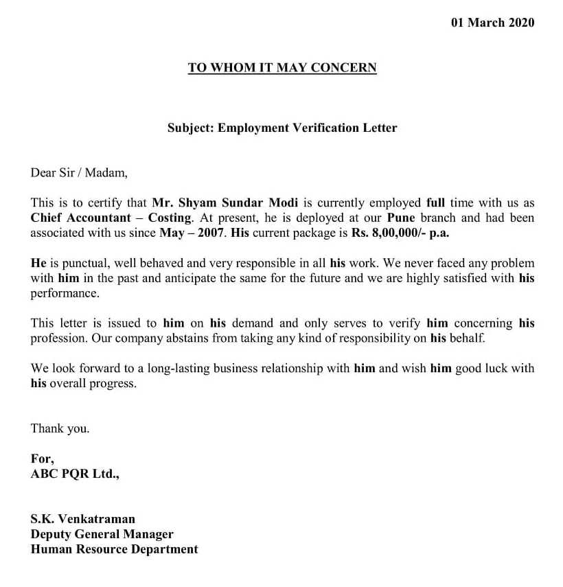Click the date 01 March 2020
click(x=492, y=23)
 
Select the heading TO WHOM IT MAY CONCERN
click(x=282, y=68)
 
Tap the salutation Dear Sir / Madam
click(x=79, y=172)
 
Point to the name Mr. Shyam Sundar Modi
click(x=225, y=203)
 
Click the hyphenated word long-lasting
click(x=175, y=369)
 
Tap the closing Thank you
click(x=60, y=428)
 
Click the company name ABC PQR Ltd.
click(x=75, y=474)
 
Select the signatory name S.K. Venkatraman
click(x=82, y=519)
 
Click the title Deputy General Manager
click(x=102, y=534)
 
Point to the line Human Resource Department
click(x=114, y=549)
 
